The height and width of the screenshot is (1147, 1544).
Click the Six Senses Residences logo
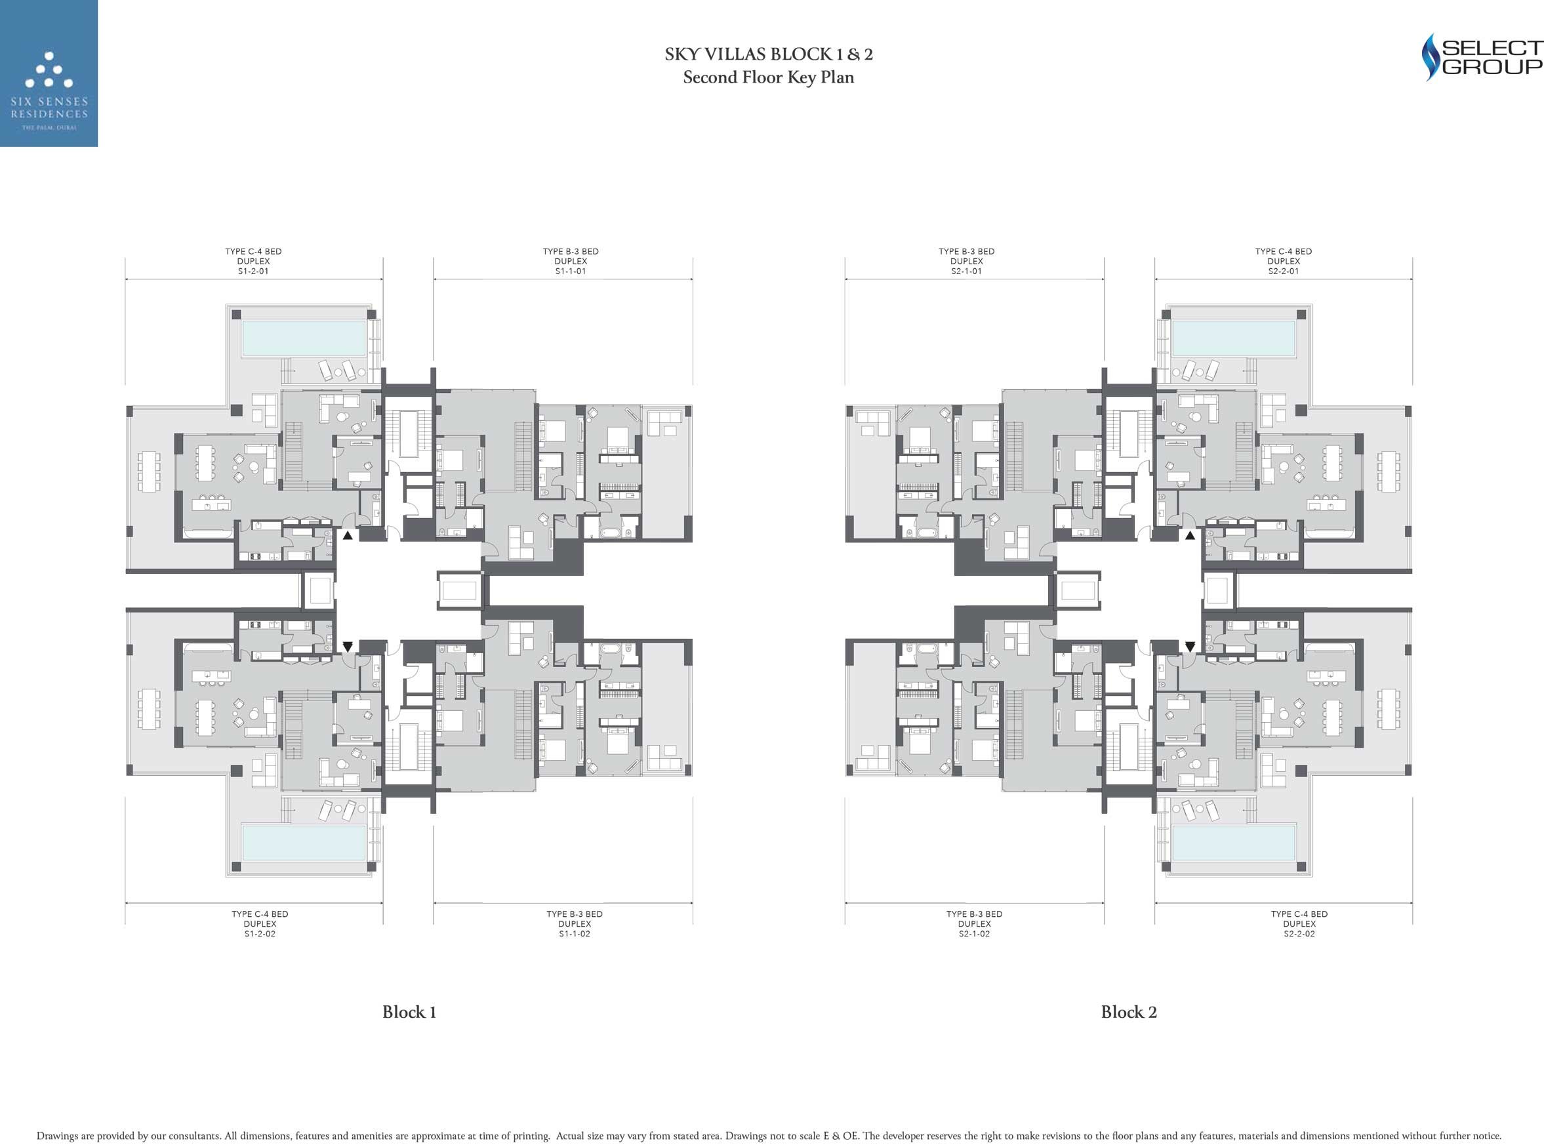pos(49,73)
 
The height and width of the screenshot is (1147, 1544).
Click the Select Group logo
pos(1482,57)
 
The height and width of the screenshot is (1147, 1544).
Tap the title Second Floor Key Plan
pos(769,77)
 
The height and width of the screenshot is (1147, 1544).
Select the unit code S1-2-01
pos(253,272)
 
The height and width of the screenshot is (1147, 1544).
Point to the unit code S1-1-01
pos(571,272)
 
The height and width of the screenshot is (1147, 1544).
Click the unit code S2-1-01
pos(966,272)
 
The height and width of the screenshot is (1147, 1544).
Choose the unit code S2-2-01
pos(1283,272)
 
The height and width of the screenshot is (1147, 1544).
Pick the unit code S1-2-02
pos(260,934)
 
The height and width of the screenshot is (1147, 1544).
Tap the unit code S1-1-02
pos(575,934)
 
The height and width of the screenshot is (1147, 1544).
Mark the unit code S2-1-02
pos(974,934)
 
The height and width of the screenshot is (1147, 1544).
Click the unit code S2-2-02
pos(1299,934)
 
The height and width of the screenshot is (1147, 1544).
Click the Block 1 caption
pos(409,1012)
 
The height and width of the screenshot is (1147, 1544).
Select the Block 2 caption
pos(1129,1012)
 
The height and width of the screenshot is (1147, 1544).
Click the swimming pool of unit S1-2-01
pos(304,338)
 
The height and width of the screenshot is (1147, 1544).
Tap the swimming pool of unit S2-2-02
pos(1234,842)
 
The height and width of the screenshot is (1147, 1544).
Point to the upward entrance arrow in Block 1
pos(348,536)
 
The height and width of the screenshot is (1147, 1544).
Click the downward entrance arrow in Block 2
pos(1190,647)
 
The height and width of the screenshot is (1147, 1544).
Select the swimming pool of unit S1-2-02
pos(304,842)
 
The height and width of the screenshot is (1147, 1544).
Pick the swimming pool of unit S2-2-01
pos(1234,338)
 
